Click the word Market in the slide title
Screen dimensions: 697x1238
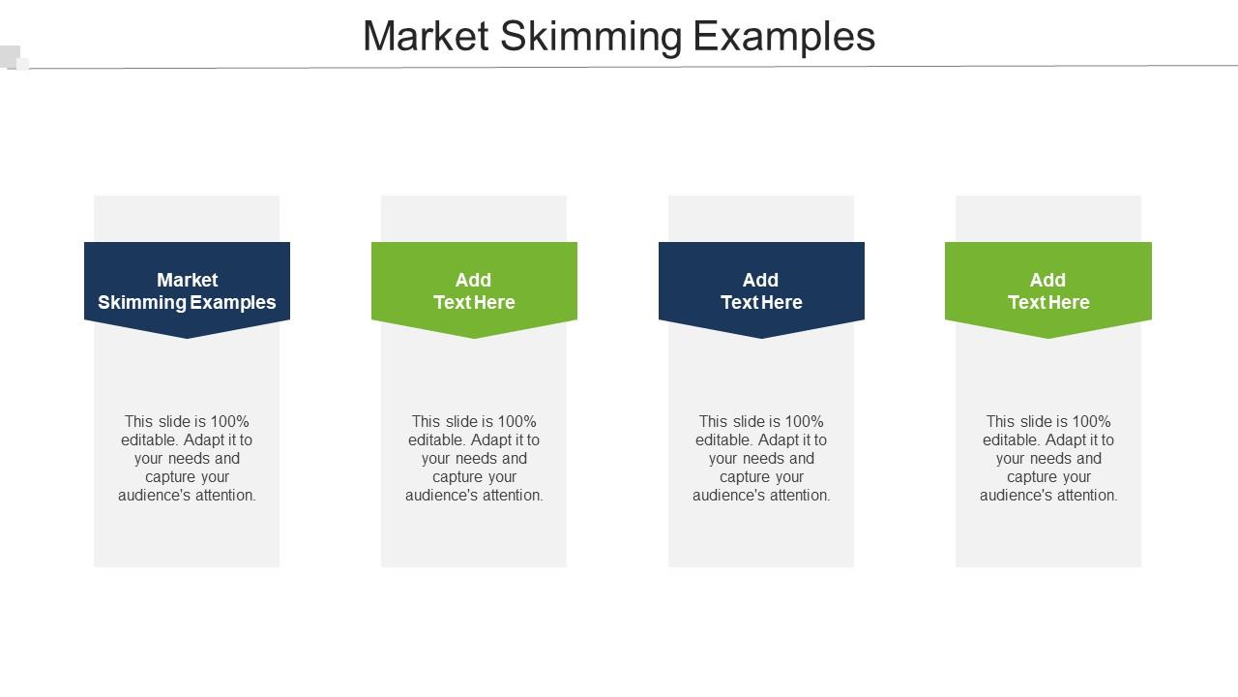pos(426,37)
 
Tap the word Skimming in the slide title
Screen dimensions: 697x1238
pos(591,37)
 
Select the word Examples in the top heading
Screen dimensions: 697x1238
pos(784,37)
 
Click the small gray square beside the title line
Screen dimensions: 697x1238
pos(11,56)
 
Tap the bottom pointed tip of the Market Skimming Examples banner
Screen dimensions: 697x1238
pos(187,336)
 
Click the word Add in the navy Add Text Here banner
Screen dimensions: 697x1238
pos(761,280)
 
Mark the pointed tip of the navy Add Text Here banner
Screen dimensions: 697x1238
pos(761,336)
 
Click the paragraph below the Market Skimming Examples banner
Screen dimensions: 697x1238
pos(187,458)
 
